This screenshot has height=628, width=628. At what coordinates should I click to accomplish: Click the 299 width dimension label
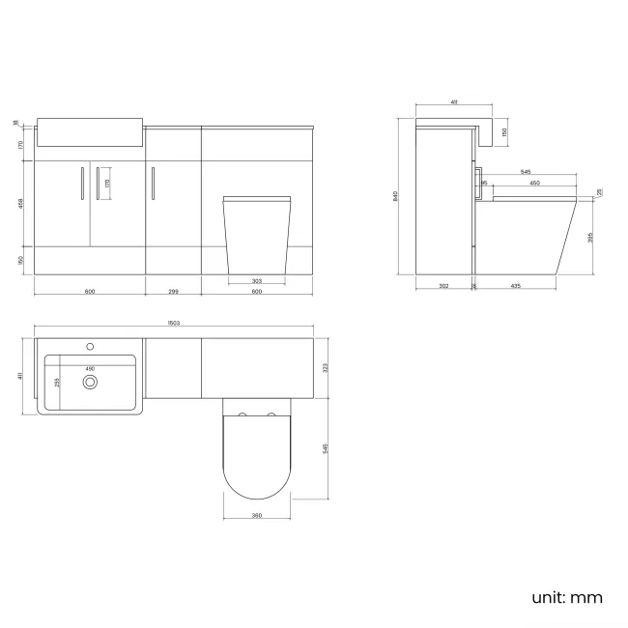tap(173, 290)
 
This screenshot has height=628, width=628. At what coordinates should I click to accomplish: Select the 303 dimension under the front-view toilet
tap(256, 281)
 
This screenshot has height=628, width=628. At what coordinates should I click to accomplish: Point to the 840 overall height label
tap(396, 196)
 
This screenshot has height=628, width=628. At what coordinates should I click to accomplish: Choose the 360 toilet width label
tap(256, 515)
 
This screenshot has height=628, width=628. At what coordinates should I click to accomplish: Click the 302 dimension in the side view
tap(443, 287)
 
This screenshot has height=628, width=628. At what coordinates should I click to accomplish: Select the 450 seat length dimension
tap(532, 183)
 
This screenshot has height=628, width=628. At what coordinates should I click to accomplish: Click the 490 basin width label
tap(91, 368)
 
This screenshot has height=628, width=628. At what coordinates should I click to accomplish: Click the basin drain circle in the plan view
tap(91, 382)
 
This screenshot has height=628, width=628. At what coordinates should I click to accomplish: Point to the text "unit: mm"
tap(566, 597)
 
